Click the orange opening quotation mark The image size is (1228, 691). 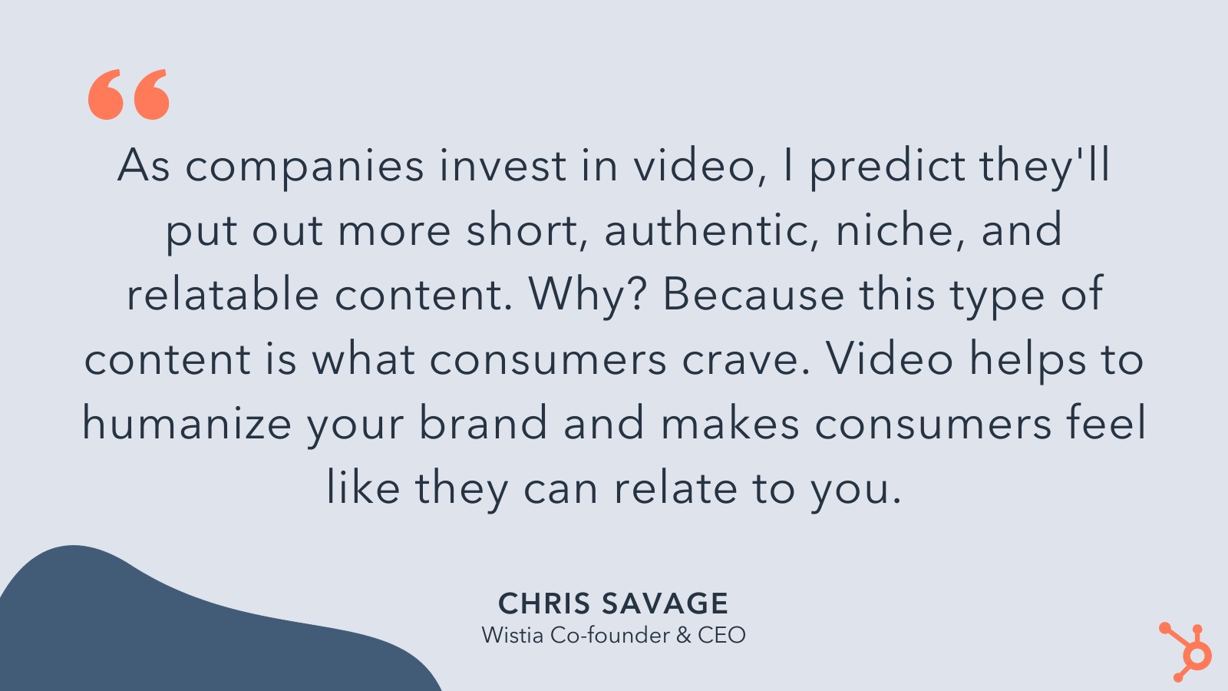pyautogui.click(x=129, y=94)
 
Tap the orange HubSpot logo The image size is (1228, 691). pyautogui.click(x=1185, y=652)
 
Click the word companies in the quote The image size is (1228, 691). pyautogui.click(x=304, y=168)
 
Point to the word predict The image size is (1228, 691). pyautogui.click(x=887, y=167)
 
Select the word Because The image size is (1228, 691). pyautogui.click(x=753, y=294)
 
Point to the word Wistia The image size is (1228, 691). pyautogui.click(x=513, y=635)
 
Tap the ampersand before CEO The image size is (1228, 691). pyautogui.click(x=683, y=636)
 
